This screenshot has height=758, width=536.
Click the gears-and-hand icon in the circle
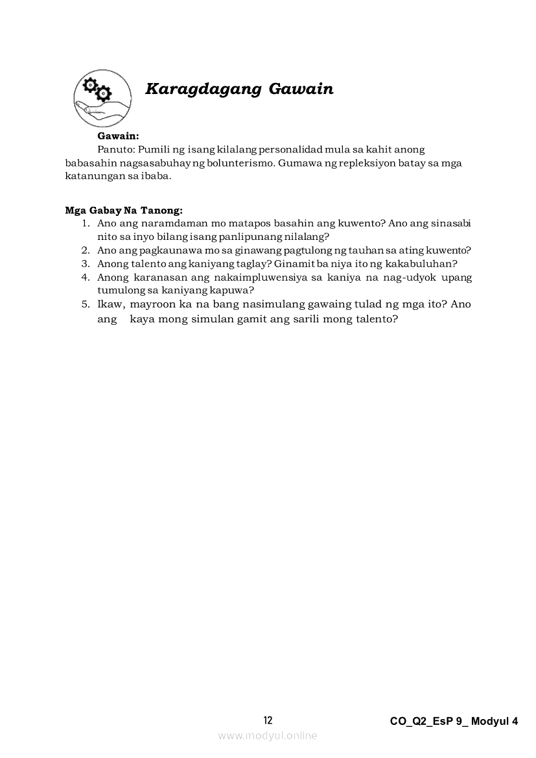(x=94, y=99)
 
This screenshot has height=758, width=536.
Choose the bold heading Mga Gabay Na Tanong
(x=124, y=210)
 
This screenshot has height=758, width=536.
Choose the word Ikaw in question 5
(x=109, y=304)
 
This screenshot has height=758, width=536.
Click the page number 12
(x=268, y=720)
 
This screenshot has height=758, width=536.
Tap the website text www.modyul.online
(x=268, y=735)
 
